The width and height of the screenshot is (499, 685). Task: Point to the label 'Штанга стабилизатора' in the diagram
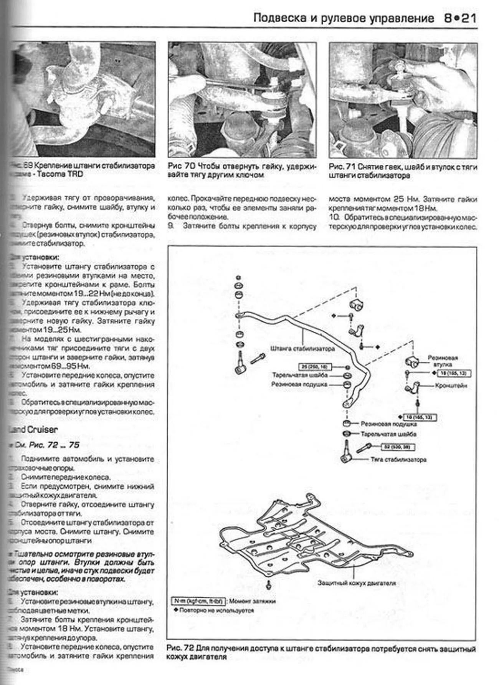click(302, 349)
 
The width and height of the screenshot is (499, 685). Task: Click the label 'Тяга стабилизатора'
click(398, 459)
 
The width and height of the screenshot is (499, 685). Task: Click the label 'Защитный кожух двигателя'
click(356, 583)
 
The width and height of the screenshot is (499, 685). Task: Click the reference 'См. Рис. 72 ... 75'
click(46, 445)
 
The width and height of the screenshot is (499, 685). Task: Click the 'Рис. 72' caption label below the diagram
click(180, 649)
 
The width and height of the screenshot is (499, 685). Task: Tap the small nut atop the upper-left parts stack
click(238, 277)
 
